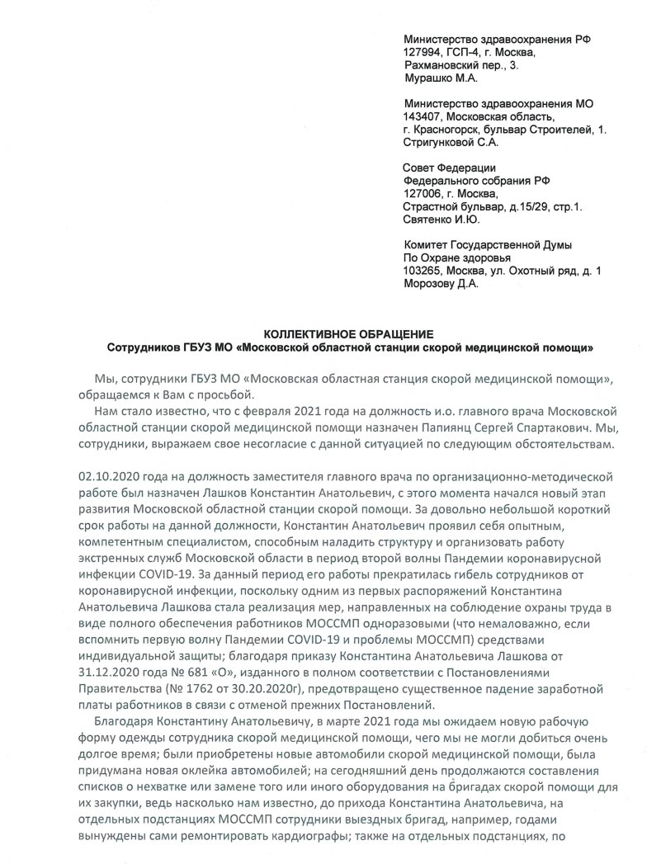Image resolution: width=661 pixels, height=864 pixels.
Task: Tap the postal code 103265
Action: (x=424, y=271)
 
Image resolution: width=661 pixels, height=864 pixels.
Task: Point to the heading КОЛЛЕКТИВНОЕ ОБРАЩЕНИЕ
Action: (x=347, y=334)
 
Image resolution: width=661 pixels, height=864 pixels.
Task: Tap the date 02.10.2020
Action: (x=106, y=476)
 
